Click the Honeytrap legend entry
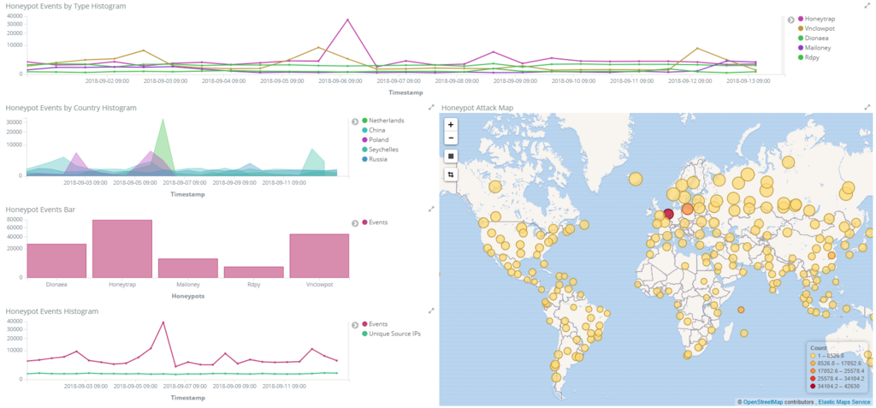pyautogui.click(x=820, y=19)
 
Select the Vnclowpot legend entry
pyautogui.click(x=820, y=29)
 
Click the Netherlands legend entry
pyautogui.click(x=386, y=121)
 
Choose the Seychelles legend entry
pyautogui.click(x=385, y=149)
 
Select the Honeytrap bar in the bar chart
pyautogui.click(x=122, y=248)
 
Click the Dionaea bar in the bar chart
pyautogui.click(x=56, y=260)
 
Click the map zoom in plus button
pyautogui.click(x=451, y=124)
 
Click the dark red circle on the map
pyautogui.click(x=669, y=214)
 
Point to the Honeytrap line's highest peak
pyautogui.click(x=347, y=20)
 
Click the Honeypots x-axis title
pyautogui.click(x=187, y=296)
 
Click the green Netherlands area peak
pyautogui.click(x=163, y=120)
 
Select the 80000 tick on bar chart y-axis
pyautogui.click(x=14, y=219)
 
